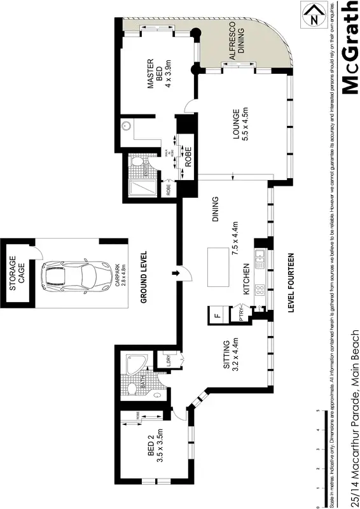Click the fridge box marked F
coord(217,314)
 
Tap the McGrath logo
coord(349,48)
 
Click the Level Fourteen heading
coord(291,282)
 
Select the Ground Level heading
coord(145,275)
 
